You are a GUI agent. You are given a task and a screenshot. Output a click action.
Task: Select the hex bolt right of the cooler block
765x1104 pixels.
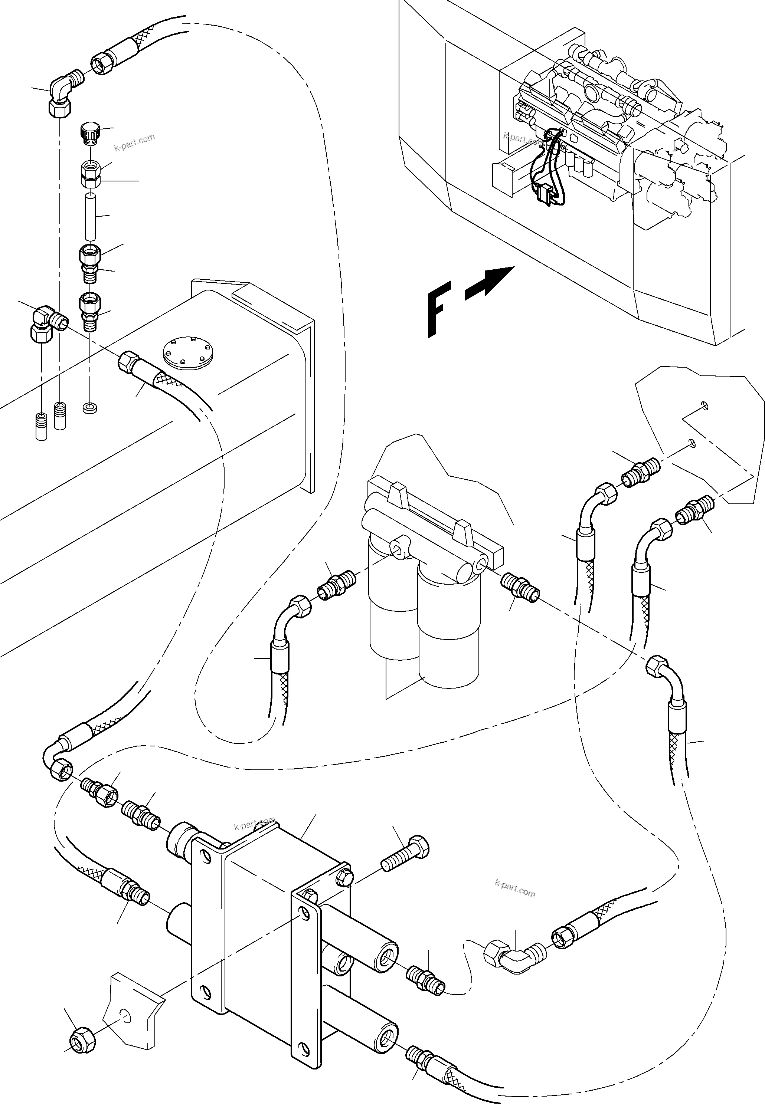[x=405, y=854]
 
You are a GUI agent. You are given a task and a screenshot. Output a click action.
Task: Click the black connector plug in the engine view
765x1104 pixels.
[x=545, y=193]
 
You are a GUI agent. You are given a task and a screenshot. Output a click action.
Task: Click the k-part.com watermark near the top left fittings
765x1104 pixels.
[x=135, y=142]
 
